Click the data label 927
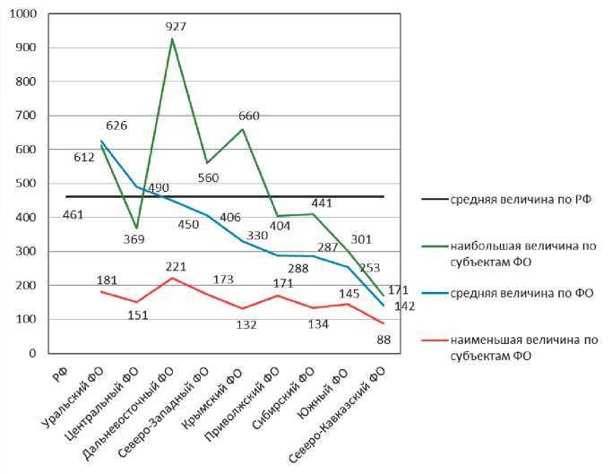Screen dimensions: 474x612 pyautogui.click(x=176, y=27)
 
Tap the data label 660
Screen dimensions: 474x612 pyautogui.click(x=248, y=116)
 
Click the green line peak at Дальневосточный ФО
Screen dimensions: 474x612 pyautogui.click(x=172, y=39)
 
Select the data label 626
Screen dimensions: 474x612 pyautogui.click(x=116, y=125)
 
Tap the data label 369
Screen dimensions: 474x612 pyautogui.click(x=134, y=239)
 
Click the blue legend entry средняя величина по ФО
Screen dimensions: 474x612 pyautogui.click(x=521, y=293)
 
